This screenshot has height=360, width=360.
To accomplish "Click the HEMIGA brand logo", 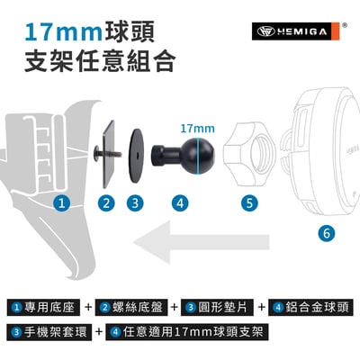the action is coord(296,31).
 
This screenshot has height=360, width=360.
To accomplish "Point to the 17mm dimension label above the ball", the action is coord(197,129).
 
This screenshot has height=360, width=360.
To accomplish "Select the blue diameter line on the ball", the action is coord(198,156).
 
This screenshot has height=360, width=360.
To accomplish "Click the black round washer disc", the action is coord(137,156).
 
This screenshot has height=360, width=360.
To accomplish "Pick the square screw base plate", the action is coord(108,155).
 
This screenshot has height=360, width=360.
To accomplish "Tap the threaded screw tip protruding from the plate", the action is coord(118,155).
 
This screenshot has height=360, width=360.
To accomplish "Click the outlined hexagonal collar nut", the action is coord(249,154).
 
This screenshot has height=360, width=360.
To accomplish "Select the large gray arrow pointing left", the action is coord(202,242).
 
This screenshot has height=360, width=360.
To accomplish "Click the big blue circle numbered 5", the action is coord(249,202).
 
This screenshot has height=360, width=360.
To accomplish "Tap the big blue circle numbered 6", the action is coord(327,233).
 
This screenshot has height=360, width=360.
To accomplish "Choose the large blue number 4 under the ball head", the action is coord(180,202).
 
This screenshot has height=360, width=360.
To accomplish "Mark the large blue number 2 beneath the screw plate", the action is coord(106,202).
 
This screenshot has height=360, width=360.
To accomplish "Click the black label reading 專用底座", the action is coord(43,308).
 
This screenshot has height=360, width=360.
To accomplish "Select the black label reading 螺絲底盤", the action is coord(131,308).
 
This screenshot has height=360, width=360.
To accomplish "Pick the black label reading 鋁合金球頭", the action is coord(309,308).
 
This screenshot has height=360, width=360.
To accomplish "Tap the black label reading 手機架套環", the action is coord(49,332).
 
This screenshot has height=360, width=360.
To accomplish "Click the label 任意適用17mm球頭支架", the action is coord(186,332).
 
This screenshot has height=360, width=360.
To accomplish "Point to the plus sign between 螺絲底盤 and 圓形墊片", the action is coord(175,308).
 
